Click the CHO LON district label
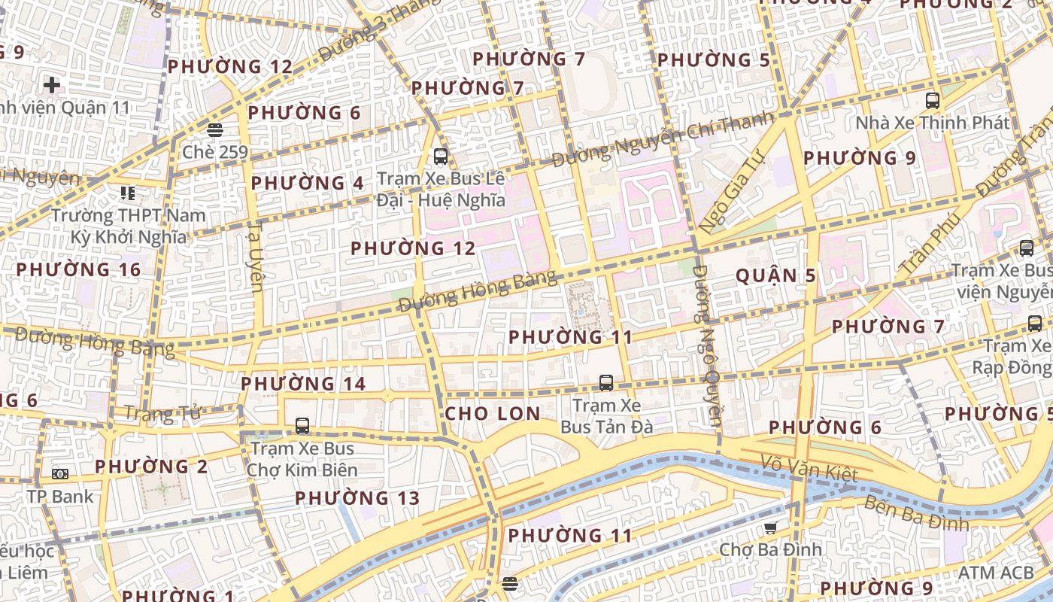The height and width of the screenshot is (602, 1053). coord(493,413)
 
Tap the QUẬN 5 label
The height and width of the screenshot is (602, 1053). coord(775,275)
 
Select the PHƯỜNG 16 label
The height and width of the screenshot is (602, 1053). coord(78,269)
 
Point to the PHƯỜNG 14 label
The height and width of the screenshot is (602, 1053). coord(303,384)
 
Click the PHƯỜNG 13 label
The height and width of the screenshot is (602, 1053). coord(357,498)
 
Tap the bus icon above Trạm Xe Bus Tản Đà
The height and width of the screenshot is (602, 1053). coord(606,382)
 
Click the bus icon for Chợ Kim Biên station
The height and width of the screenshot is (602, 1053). coord(302,426)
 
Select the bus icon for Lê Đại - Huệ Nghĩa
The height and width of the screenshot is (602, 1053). coord(441,157)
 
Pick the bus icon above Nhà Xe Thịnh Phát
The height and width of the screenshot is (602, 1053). coord(933,100)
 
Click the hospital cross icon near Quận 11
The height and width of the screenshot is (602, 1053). coord(52,84)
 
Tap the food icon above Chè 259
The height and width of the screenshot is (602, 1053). coord(215,129)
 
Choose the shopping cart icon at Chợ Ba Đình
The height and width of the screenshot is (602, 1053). coord(770,528)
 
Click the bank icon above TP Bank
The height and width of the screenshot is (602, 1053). coord(60,474)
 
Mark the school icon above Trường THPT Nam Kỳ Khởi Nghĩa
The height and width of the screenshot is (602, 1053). coord(128,193)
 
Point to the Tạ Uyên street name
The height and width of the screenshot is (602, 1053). coord(256,256)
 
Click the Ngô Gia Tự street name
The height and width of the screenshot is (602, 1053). coord(730,190)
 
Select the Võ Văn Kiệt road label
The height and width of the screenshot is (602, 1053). coord(809,468)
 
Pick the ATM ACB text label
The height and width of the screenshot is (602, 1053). coord(995,573)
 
